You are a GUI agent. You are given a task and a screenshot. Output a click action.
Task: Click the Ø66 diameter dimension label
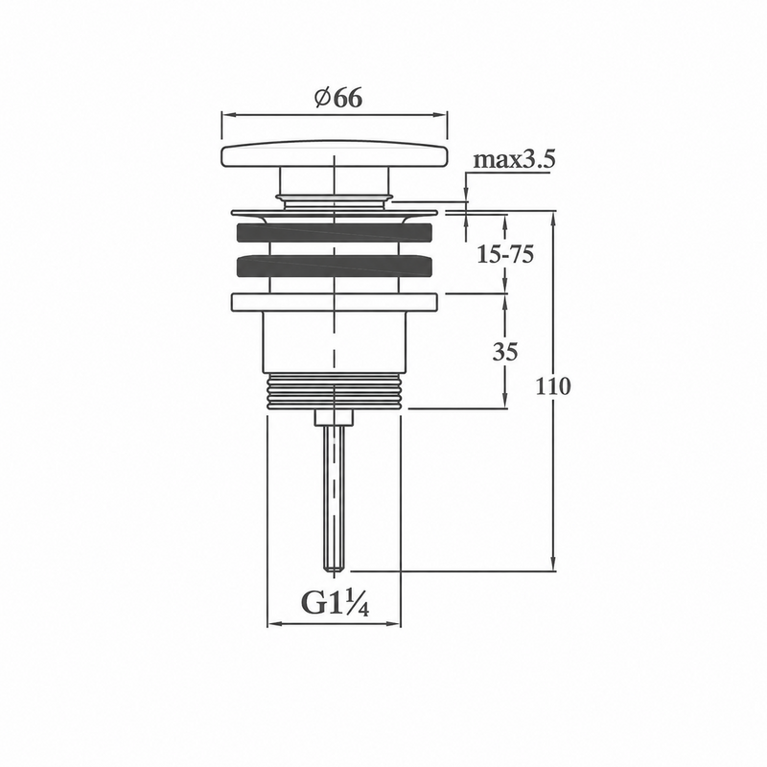[338, 98]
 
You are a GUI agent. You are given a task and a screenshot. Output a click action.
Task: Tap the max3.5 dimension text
[514, 159]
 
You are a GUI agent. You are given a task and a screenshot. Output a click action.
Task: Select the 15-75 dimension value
[505, 254]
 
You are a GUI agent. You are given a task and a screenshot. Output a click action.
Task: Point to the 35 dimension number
[505, 352]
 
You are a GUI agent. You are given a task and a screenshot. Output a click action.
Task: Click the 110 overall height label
[553, 386]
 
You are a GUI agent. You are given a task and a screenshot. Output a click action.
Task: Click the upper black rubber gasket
[335, 232]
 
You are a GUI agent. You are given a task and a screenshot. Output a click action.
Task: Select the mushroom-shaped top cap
[335, 155]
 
